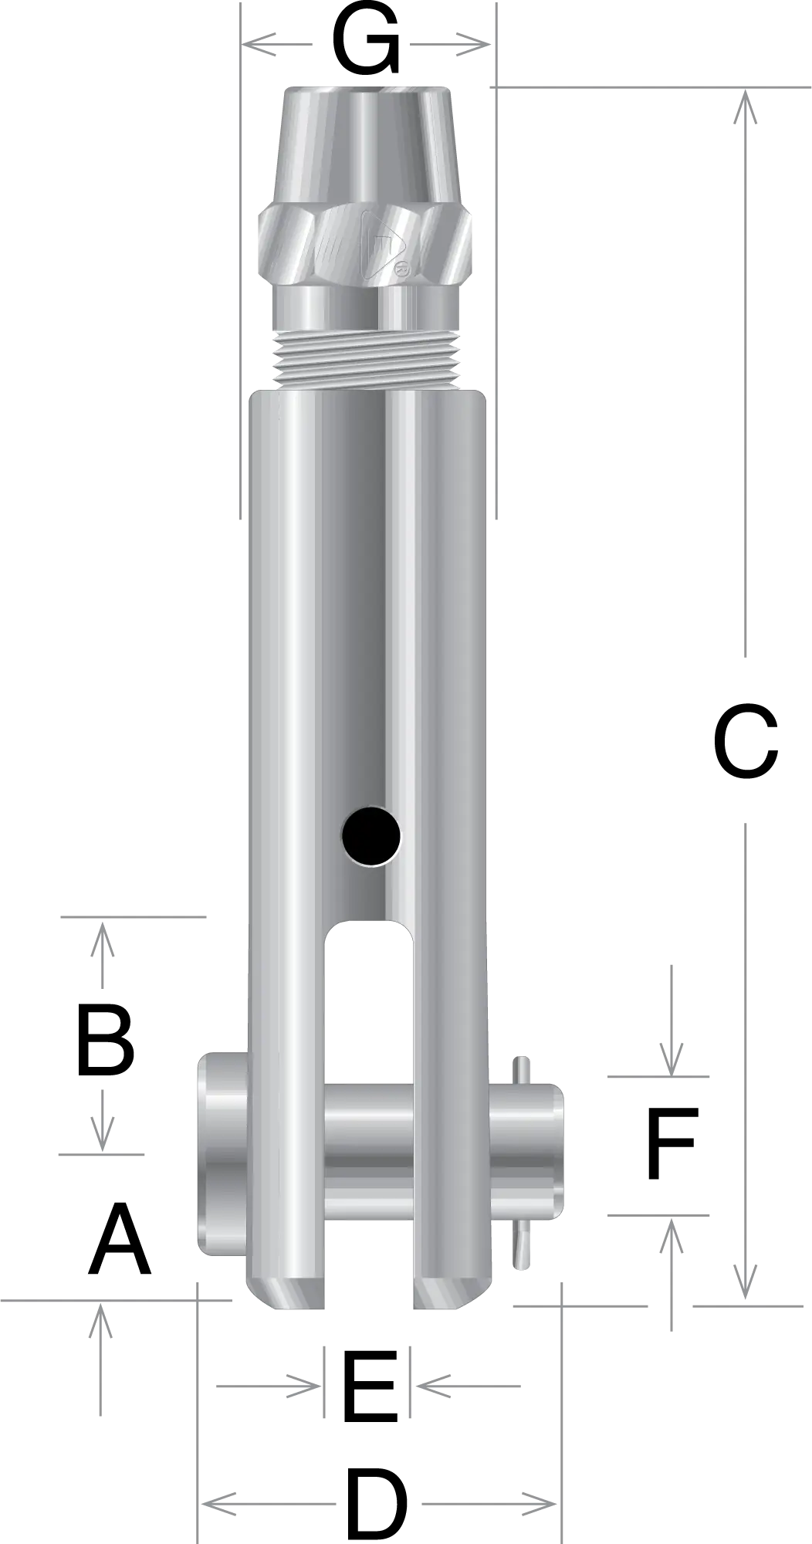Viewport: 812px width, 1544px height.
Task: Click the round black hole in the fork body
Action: tap(372, 836)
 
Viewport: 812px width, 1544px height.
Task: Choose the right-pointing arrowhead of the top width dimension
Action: tap(469, 46)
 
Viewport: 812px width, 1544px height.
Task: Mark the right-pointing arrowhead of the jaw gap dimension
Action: tap(303, 1386)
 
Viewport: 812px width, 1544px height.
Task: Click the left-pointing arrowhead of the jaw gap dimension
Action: tap(429, 1386)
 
